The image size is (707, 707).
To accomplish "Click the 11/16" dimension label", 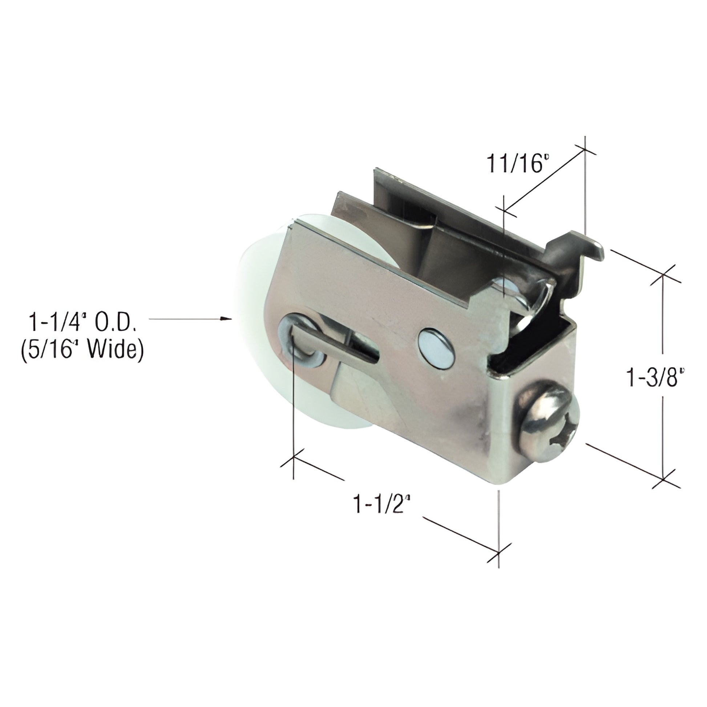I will tap(518, 163).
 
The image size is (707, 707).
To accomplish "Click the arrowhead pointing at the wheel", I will tap(229, 319).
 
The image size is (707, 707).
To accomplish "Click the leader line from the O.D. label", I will tap(187, 319).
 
